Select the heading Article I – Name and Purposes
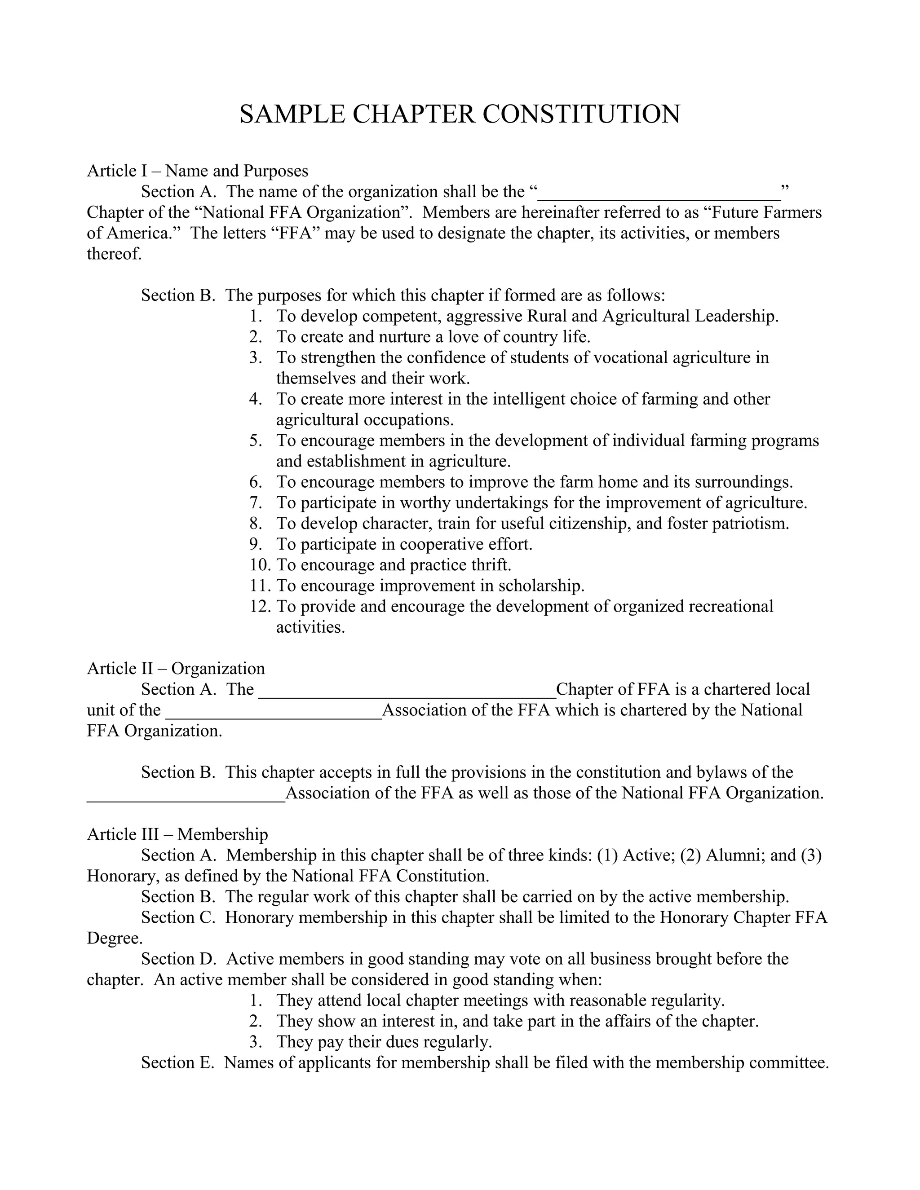pyautogui.click(x=197, y=171)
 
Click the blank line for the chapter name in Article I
pyautogui.click(x=659, y=194)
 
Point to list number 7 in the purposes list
pyautogui.click(x=256, y=503)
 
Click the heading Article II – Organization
pyautogui.click(x=176, y=669)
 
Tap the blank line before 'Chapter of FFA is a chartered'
pyautogui.click(x=407, y=691)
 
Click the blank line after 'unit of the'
pyautogui.click(x=274, y=712)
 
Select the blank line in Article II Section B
pyautogui.click(x=186, y=794)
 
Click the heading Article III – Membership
pyautogui.click(x=177, y=835)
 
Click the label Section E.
pyautogui.click(x=177, y=1062)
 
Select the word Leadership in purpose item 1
pyautogui.click(x=736, y=316)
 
